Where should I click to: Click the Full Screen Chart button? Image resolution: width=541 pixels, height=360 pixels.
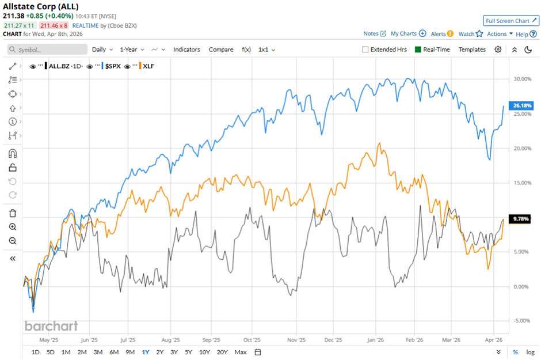[511, 21]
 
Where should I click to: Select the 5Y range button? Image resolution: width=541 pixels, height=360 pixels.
[189, 352]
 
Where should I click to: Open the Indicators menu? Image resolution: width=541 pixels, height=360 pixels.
[186, 50]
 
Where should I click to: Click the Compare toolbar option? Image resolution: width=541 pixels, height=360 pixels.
[221, 50]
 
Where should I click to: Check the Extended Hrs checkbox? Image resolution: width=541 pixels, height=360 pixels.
[365, 50]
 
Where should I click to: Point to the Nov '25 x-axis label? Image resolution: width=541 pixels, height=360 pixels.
[294, 340]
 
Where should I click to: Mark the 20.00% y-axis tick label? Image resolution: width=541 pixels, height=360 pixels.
[521, 148]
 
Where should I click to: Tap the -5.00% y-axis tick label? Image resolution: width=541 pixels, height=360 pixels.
[521, 320]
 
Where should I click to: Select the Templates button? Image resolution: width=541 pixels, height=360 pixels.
[472, 50]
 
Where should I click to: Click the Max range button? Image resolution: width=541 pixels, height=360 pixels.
[241, 352]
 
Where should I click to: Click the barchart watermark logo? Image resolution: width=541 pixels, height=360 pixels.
[51, 326]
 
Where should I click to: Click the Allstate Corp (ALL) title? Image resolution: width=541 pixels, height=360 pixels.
[37, 6]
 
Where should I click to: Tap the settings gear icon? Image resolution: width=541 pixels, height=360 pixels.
[498, 50]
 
